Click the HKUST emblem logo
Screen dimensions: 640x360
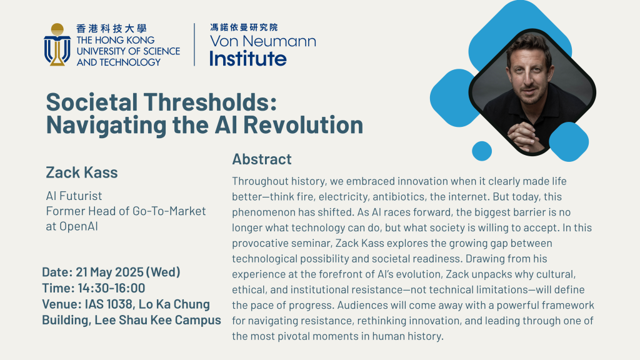point(57,44)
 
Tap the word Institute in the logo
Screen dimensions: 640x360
point(248,58)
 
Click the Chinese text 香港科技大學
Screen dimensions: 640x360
point(111,29)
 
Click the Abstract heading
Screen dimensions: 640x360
point(262,159)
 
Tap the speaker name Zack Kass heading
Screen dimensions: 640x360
point(82,172)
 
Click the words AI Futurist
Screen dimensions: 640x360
point(74,196)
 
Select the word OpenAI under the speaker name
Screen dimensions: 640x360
point(79,226)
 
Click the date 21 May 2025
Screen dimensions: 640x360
point(110,272)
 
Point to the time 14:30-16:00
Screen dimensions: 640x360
point(111,288)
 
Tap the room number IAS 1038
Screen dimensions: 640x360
point(108,304)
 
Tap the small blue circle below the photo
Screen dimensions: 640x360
point(482,151)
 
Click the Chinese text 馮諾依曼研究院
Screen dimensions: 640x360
point(244,27)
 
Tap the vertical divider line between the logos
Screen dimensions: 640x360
point(194,44)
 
